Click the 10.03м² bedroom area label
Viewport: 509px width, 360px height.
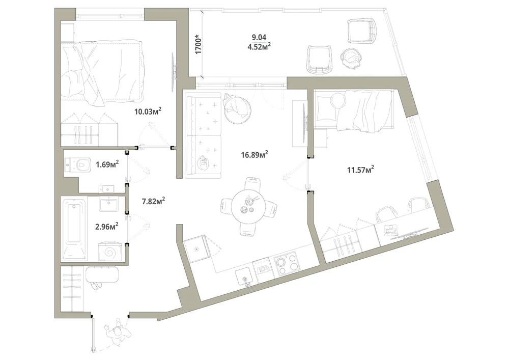(x=148, y=112)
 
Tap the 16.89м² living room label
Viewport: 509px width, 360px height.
(x=254, y=154)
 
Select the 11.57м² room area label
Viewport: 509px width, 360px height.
(x=360, y=169)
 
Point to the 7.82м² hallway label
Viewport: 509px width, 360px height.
(x=153, y=201)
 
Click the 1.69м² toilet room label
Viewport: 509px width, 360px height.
(x=107, y=164)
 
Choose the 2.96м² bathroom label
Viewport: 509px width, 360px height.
(x=106, y=226)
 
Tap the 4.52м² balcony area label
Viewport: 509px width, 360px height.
(x=259, y=46)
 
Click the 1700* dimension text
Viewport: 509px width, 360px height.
(x=199, y=44)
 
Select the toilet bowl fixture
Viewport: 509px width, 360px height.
(x=78, y=164)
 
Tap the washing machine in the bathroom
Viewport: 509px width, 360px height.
(x=110, y=251)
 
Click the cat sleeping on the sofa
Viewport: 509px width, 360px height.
(x=203, y=162)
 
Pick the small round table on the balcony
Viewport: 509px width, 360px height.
(x=351, y=58)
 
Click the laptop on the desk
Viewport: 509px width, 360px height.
(x=390, y=230)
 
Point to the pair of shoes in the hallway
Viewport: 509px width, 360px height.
(x=96, y=285)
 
